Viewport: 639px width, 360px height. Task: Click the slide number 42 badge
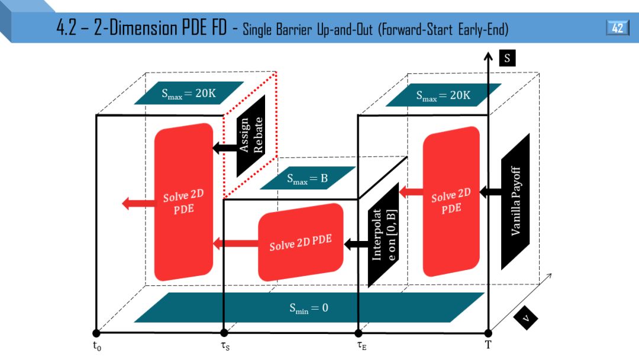pos(617,28)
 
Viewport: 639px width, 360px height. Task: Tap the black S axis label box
pos(508,58)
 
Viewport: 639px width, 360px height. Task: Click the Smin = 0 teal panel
pos(308,307)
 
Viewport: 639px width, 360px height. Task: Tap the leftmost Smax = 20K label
pos(189,93)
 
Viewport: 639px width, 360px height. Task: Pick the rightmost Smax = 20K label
pos(443,94)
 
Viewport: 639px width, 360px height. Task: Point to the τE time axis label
pos(361,346)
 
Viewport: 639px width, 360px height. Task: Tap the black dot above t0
pos(96,333)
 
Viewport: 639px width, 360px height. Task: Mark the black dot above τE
pos(358,333)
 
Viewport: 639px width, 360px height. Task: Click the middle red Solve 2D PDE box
pos(301,242)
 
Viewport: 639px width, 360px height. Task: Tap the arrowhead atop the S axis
pos(488,57)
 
